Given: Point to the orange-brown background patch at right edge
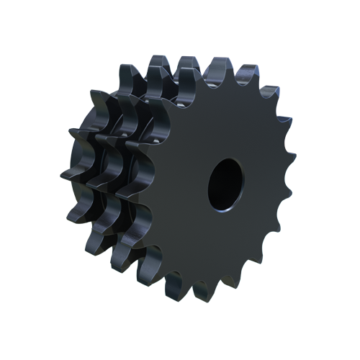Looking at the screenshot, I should click(292, 148).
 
